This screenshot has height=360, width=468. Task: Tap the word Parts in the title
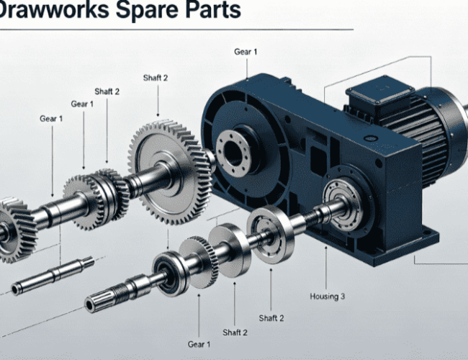tap(213, 9)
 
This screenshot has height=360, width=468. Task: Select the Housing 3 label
tap(327, 297)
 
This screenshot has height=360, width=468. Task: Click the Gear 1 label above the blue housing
tap(246, 52)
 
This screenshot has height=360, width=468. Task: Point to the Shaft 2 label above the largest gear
tap(156, 78)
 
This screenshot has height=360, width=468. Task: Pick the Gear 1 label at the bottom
tap(199, 344)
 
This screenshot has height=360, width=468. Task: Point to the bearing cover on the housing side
tap(343, 205)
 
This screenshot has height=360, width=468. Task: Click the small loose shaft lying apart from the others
tap(53, 276)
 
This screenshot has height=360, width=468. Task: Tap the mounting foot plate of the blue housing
tap(400, 245)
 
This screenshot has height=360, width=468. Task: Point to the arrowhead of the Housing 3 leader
tap(326, 248)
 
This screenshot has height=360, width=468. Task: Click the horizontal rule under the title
tap(176, 30)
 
